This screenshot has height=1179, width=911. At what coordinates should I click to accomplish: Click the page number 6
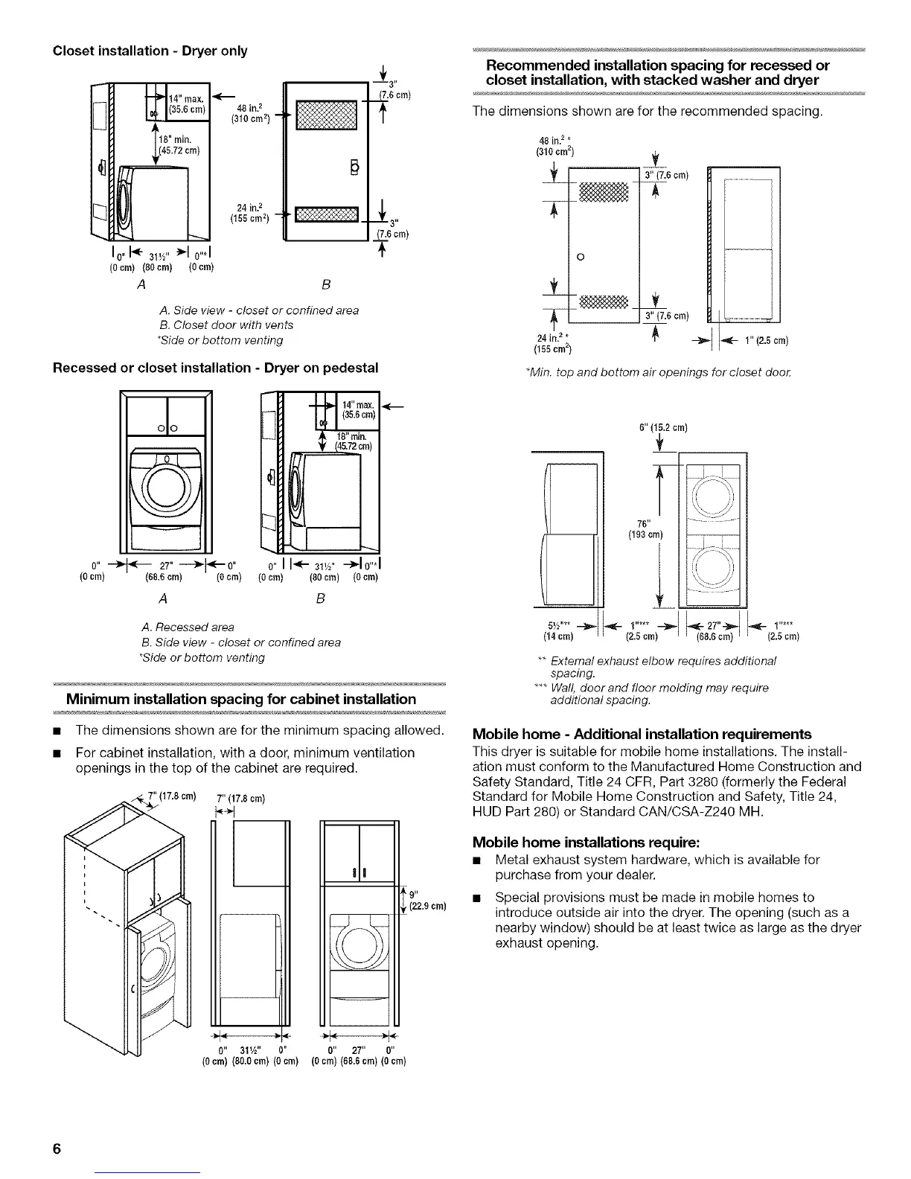tap(56, 1147)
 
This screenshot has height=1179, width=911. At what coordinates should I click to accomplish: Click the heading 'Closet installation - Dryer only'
tap(150, 51)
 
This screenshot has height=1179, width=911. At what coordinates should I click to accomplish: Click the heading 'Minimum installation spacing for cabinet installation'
tap(241, 699)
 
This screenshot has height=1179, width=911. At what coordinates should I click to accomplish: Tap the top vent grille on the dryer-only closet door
tap(327, 115)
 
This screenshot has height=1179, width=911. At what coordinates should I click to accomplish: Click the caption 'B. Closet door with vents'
tap(226, 325)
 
